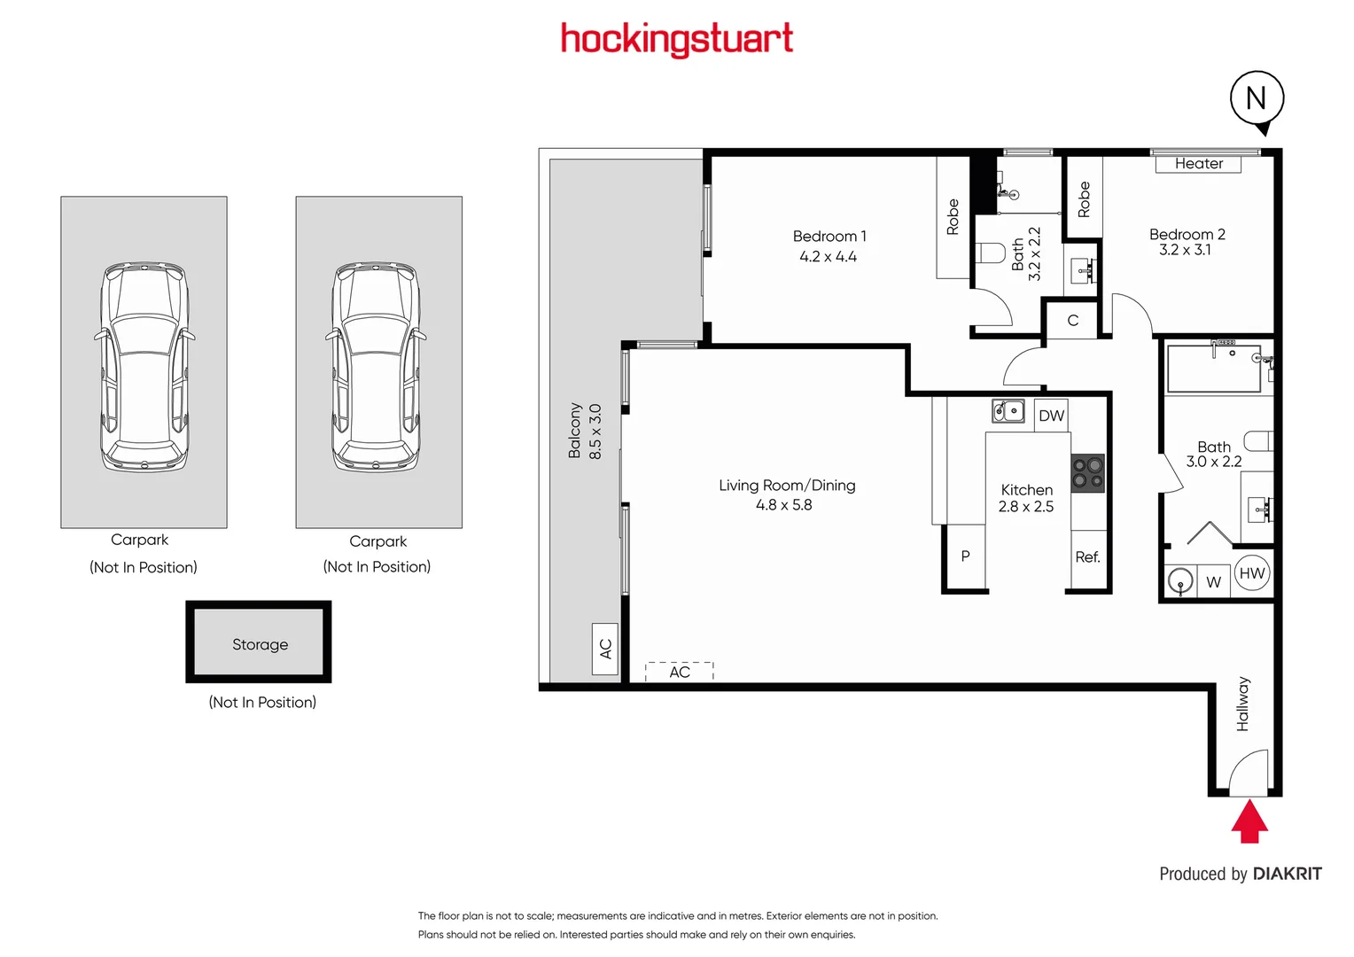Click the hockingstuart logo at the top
(677, 39)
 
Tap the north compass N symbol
(1257, 98)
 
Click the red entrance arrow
(1249, 821)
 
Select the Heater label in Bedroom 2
(1198, 164)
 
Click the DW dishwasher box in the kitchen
(1052, 416)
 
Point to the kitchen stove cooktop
(1088, 473)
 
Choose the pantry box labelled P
(966, 556)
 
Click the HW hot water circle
(1251, 573)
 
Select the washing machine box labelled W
(1214, 582)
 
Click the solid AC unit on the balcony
(605, 649)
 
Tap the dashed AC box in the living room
(680, 672)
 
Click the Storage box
(260, 643)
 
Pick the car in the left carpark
(144, 366)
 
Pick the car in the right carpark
(378, 366)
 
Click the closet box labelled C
(1072, 321)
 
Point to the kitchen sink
(1008, 411)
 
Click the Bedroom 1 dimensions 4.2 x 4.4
(828, 257)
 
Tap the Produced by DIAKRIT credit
(1240, 874)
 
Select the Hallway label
(1242, 704)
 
